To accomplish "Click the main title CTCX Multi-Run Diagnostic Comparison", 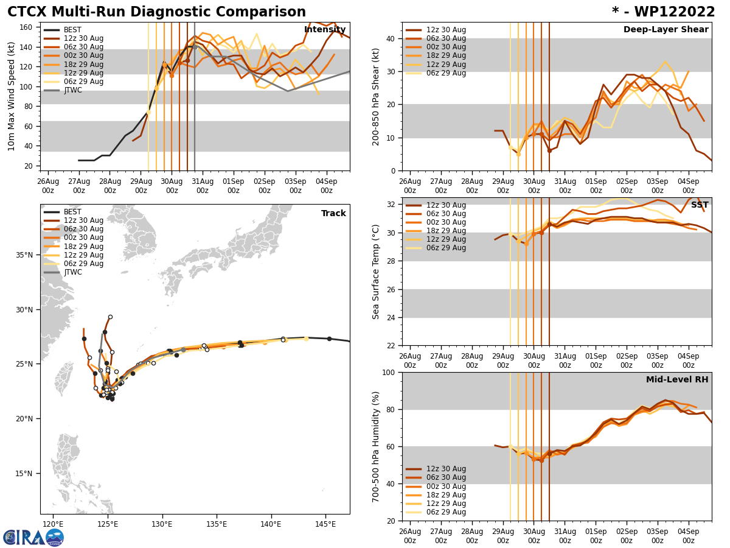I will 156,12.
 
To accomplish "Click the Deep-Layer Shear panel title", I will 666,30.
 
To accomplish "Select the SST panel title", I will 700,205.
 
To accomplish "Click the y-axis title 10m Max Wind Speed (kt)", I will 11,97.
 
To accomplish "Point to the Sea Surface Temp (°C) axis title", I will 376,272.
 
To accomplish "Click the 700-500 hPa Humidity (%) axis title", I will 376,446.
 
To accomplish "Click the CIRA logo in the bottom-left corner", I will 33,537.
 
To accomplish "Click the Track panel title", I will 333,214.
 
